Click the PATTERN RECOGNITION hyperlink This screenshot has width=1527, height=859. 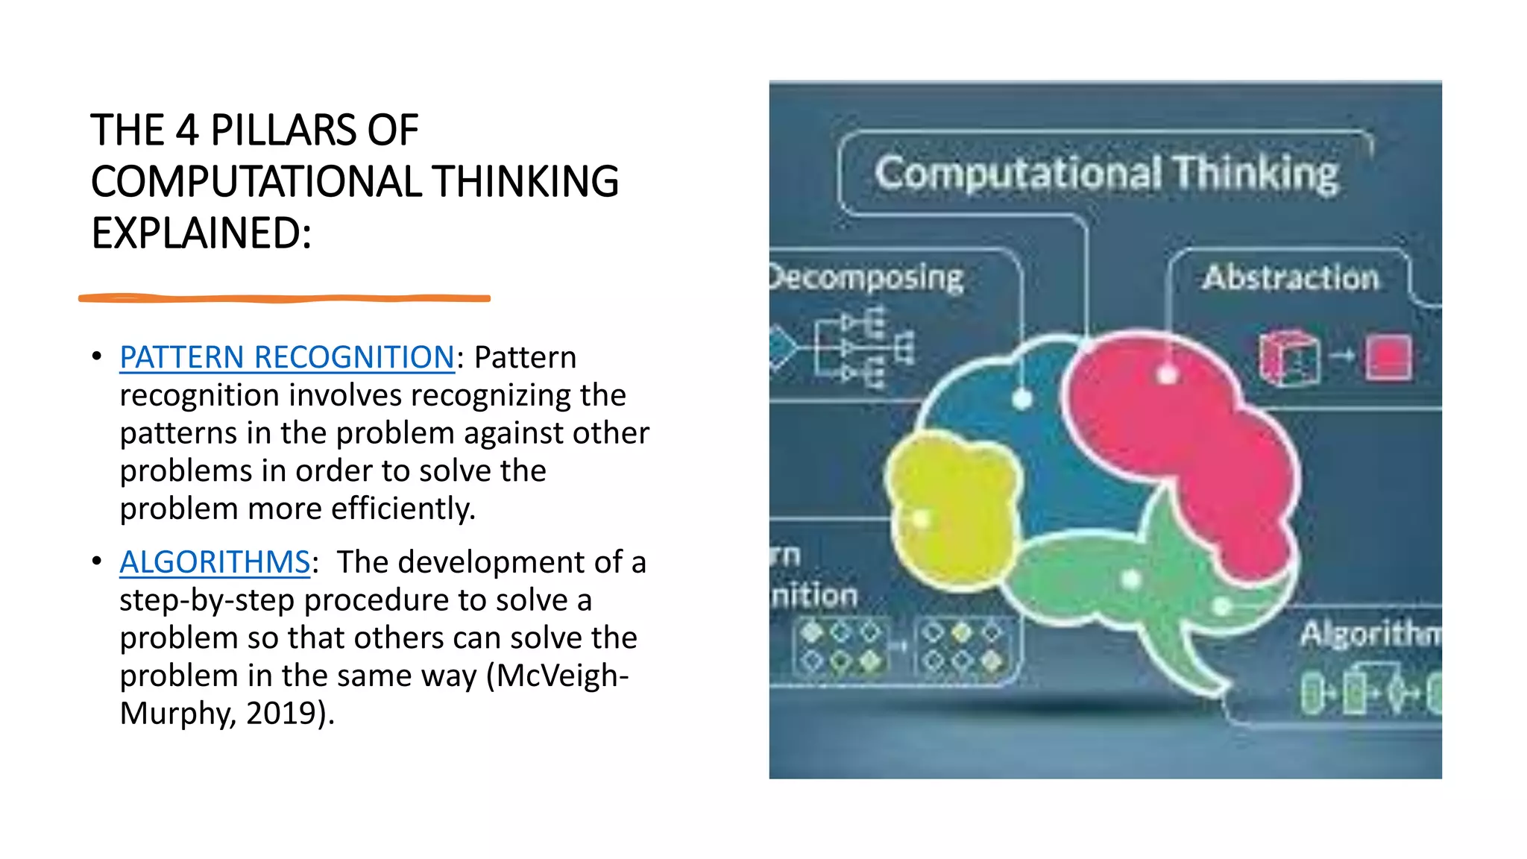[x=287, y=358]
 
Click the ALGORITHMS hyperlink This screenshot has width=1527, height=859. [x=215, y=562]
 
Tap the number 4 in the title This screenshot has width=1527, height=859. [x=187, y=130]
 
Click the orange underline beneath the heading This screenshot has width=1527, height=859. [x=283, y=298]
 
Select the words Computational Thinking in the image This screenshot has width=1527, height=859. [x=1106, y=173]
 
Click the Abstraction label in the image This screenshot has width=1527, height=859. [x=1291, y=277]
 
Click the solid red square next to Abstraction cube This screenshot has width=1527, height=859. [x=1388, y=357]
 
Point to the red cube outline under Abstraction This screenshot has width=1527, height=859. [x=1288, y=358]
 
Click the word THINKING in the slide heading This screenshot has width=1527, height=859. [x=525, y=182]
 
